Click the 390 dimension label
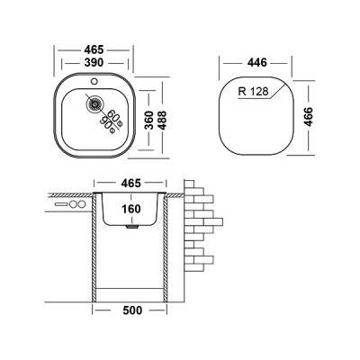coord(94,63)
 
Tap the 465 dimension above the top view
coord(94,49)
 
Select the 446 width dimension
coord(256,63)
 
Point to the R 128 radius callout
coord(254,91)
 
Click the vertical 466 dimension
coord(308,117)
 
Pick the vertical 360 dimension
coord(149,120)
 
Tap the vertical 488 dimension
coord(162,120)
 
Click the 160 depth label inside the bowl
coord(131,209)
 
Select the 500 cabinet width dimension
coord(132,310)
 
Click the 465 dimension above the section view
coord(131,183)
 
